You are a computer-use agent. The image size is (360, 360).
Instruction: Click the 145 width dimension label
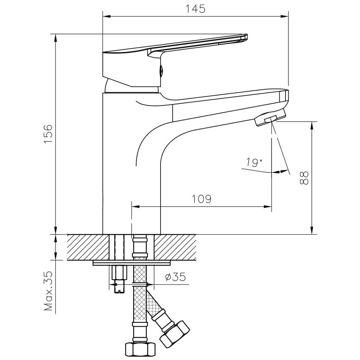point(195,9)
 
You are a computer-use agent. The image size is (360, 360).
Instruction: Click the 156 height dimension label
point(49,134)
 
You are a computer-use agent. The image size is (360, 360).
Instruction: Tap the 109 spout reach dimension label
point(201,199)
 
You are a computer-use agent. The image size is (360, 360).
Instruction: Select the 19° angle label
point(254,163)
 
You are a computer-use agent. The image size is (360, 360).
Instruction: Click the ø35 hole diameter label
point(175,277)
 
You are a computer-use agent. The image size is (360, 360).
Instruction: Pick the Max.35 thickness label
point(49,291)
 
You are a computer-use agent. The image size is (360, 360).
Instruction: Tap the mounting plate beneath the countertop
point(132,263)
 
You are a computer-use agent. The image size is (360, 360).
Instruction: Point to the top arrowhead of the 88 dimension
point(312,126)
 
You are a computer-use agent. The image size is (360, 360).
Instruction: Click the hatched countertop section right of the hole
point(175,247)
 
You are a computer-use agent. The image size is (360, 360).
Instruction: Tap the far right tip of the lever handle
point(248,37)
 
